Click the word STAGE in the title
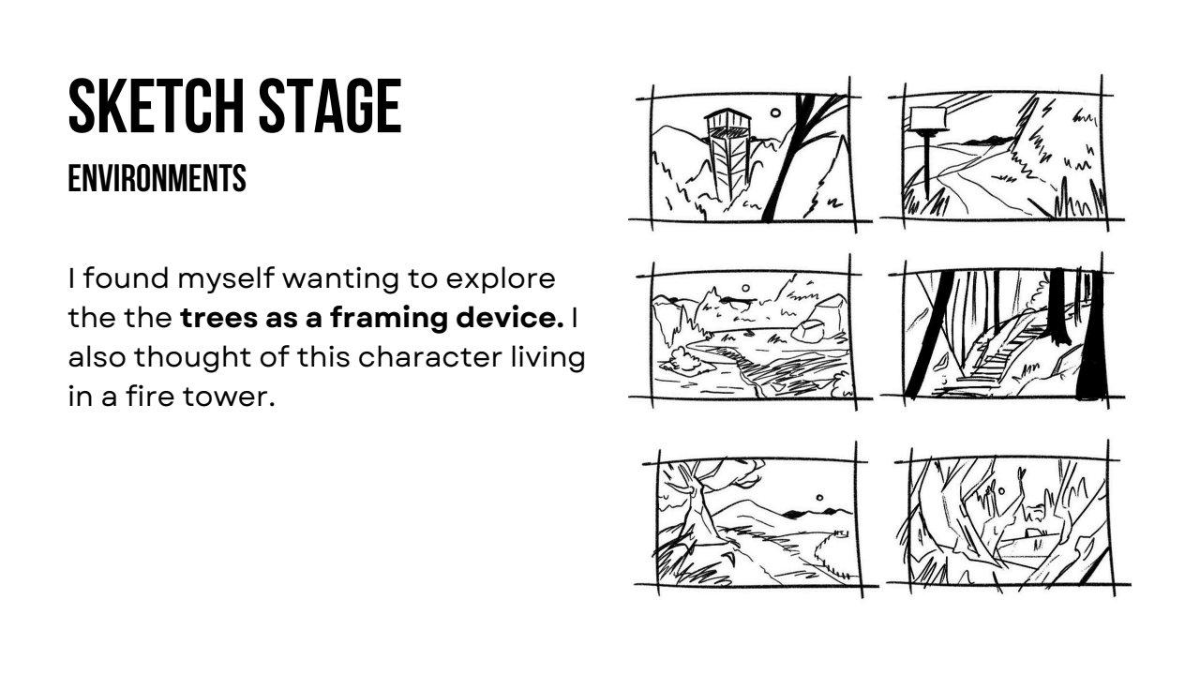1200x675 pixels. (x=330, y=106)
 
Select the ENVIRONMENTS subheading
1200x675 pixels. (x=157, y=178)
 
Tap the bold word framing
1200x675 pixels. (x=388, y=318)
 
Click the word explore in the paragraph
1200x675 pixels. (x=501, y=279)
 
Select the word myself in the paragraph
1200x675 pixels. (x=226, y=279)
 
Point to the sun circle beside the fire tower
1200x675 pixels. (x=775, y=113)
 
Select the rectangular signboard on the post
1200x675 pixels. (x=928, y=118)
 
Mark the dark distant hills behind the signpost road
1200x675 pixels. (x=988, y=141)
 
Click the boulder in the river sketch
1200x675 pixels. (x=808, y=331)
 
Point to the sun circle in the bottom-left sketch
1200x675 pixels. (x=819, y=498)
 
